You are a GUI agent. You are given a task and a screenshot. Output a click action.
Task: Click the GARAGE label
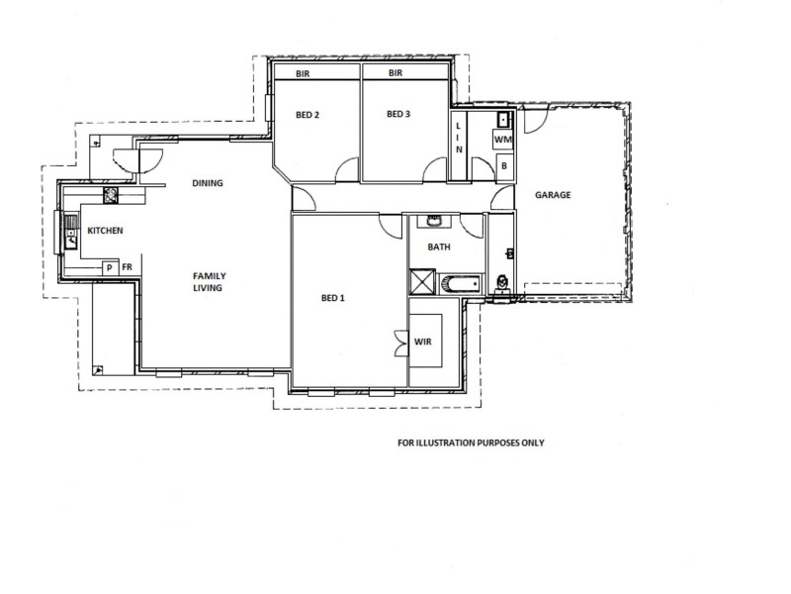(553, 195)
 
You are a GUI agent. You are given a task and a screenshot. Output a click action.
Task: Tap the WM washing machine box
(502, 142)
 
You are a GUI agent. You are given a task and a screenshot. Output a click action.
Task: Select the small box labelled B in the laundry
(503, 167)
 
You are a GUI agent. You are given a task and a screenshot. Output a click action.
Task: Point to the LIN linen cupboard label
(459, 136)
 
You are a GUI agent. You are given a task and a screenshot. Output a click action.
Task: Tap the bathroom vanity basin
(434, 222)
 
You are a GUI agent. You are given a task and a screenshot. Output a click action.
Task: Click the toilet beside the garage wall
(503, 283)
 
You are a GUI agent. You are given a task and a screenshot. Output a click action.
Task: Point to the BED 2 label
(308, 115)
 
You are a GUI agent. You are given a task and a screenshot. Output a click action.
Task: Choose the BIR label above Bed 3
(395, 73)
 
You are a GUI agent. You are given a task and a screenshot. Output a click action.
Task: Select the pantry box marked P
(109, 267)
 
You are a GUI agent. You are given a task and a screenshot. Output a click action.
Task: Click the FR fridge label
(127, 267)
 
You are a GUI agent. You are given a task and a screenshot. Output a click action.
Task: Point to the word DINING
(208, 183)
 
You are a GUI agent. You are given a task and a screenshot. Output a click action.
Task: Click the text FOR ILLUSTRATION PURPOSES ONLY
(465, 443)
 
